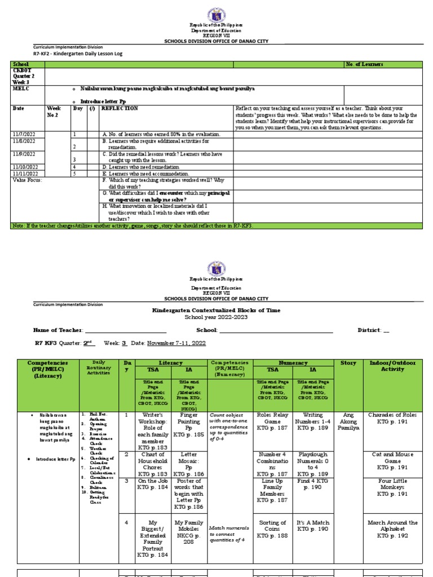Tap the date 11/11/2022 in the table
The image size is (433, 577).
click(x=24, y=174)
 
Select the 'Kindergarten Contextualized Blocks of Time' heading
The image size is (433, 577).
click(x=216, y=310)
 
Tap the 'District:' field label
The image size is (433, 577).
click(x=369, y=330)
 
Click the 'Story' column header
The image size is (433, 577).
click(x=348, y=363)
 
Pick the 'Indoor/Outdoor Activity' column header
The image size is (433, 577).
click(x=392, y=366)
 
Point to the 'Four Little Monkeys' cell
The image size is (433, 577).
click(x=392, y=487)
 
